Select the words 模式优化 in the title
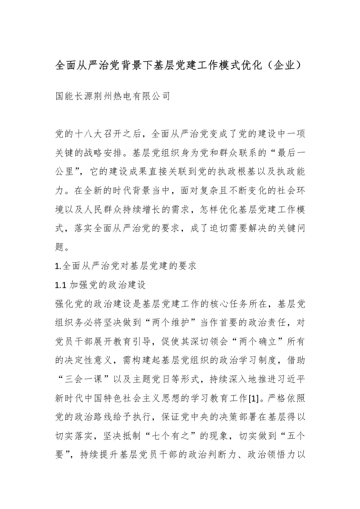tap(239, 65)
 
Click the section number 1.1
tap(60, 285)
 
